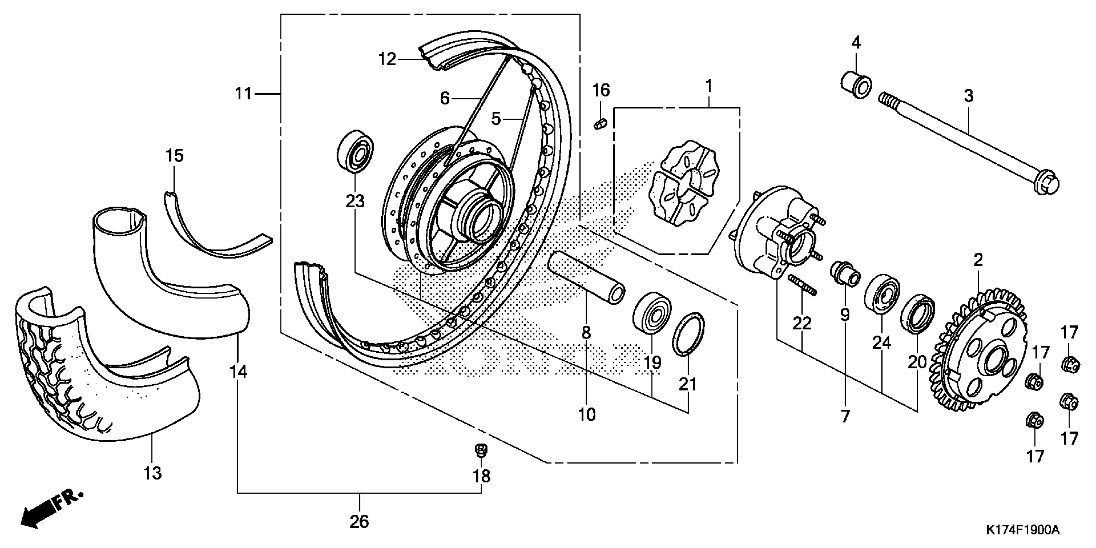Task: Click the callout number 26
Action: tap(359, 522)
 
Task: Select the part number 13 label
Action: tap(153, 473)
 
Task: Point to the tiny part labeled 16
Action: tap(600, 124)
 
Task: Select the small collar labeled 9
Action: tap(845, 274)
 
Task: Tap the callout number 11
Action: tap(244, 93)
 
